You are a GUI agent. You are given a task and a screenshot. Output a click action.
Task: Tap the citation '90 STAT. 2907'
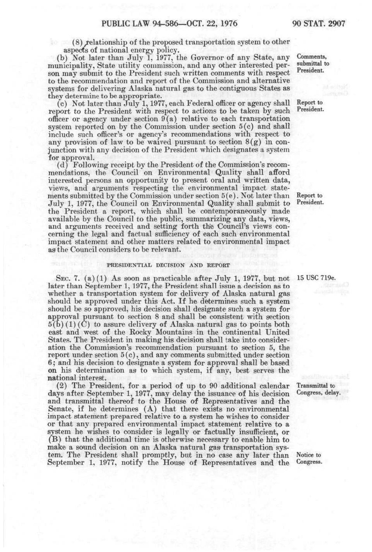click(318, 23)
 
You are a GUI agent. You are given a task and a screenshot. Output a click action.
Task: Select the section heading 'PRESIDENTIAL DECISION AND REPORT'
click(168, 265)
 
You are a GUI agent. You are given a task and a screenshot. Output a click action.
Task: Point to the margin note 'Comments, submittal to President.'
click(312, 64)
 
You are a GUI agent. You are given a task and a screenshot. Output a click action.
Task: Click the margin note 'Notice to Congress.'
click(309, 458)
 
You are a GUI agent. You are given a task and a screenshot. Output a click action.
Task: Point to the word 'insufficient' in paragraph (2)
click(257, 432)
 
